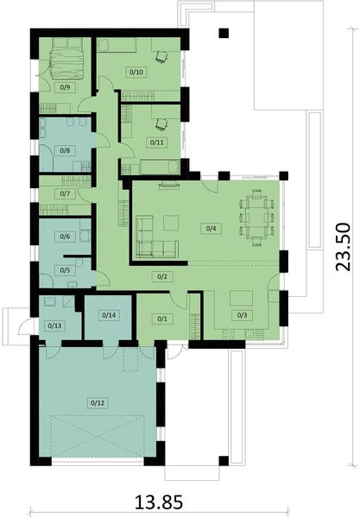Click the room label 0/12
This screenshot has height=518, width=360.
[96, 402]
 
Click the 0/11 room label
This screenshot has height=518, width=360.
[156, 141]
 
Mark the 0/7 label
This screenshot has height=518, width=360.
[64, 193]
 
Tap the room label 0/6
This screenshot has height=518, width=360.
[64, 236]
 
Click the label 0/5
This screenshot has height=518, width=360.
[64, 269]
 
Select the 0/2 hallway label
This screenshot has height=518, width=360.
[161, 276]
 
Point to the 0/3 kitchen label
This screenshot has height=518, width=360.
[241, 315]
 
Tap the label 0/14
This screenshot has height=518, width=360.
[109, 315]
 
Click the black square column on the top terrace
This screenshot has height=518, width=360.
[224, 35]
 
